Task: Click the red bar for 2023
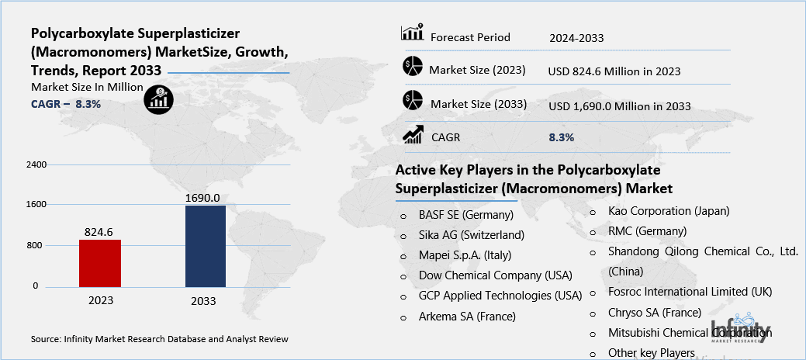point(99,263)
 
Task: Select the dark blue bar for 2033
point(206,246)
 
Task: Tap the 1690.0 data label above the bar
point(202,198)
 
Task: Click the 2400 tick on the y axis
point(36,165)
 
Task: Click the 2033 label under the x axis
point(203,301)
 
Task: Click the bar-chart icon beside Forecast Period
point(411,33)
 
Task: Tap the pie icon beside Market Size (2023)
point(412,67)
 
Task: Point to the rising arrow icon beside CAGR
point(412,135)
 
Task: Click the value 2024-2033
point(576,37)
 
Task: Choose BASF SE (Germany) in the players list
point(465,215)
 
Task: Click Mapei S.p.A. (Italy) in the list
point(465,255)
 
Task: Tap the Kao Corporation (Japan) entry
point(669,210)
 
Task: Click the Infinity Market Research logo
point(742,328)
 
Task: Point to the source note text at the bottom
point(160,339)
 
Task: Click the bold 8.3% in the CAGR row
point(561,137)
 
